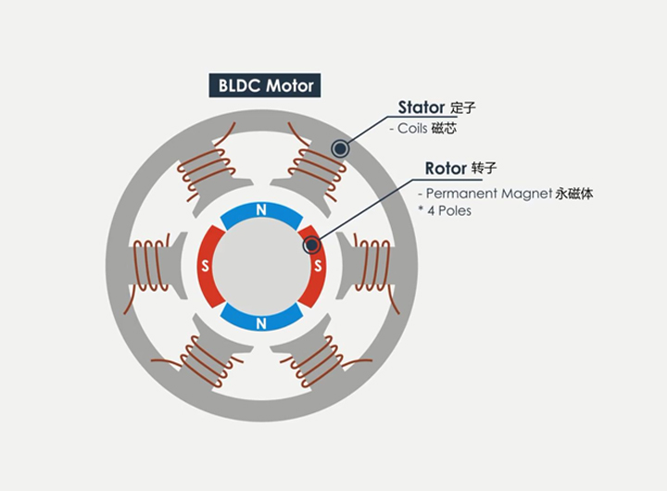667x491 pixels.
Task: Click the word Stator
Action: pyautogui.click(x=422, y=107)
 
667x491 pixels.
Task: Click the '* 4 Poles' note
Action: pyautogui.click(x=445, y=211)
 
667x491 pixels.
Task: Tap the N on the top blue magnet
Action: pyautogui.click(x=261, y=211)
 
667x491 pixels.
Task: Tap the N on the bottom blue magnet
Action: pyautogui.click(x=261, y=323)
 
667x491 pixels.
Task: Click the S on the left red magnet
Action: pyautogui.click(x=205, y=267)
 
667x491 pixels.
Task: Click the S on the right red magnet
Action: pyautogui.click(x=318, y=267)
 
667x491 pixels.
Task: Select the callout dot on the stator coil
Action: pyautogui.click(x=340, y=147)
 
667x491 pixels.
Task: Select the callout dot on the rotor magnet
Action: pyautogui.click(x=312, y=245)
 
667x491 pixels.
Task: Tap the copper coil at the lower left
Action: pyautogui.click(x=207, y=364)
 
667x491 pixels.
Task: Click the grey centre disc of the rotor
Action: pyautogui.click(x=261, y=267)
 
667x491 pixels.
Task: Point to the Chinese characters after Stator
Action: pyautogui.click(x=463, y=107)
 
